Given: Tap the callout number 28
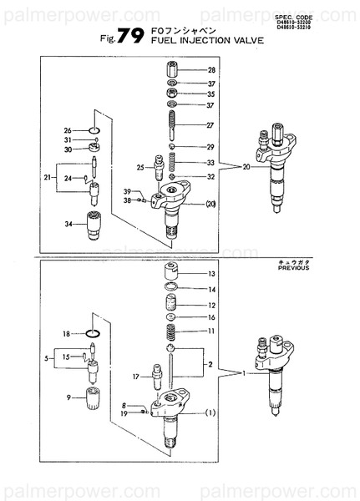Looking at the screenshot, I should tap(211, 70).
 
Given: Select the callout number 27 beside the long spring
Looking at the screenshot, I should tap(211, 125).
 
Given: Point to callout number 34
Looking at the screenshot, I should tap(68, 224).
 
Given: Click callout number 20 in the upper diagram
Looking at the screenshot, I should tap(246, 167).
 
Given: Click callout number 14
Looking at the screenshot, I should tap(211, 289).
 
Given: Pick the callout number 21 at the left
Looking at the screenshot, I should tap(48, 178).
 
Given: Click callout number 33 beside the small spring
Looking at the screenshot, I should tap(211, 162).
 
